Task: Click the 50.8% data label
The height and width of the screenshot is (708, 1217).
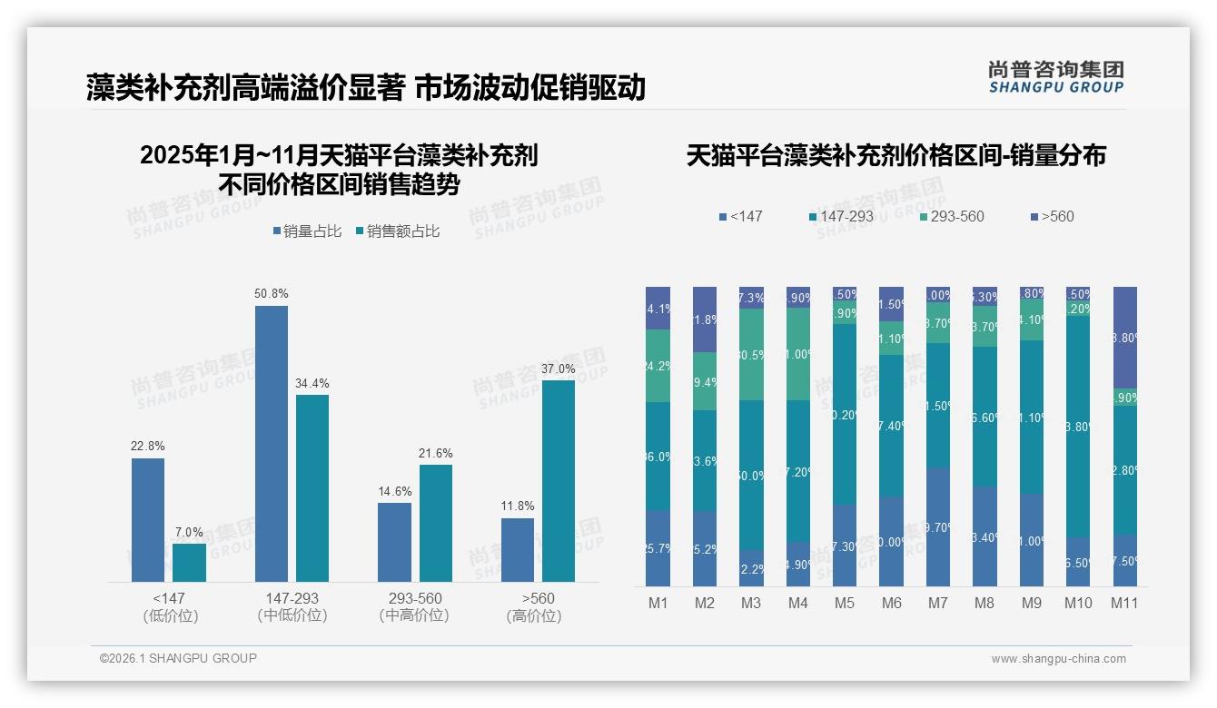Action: point(272,294)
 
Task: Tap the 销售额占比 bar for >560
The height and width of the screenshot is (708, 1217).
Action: point(559,480)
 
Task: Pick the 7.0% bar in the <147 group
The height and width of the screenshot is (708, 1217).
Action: point(189,562)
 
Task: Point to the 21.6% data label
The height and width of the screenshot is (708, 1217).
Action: point(435,453)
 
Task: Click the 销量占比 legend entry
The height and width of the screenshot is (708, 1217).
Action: point(307,231)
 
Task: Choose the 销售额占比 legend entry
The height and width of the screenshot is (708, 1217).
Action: point(398,231)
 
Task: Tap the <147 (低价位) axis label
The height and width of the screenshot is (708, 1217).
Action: point(170,607)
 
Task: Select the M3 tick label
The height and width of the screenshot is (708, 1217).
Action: point(751,603)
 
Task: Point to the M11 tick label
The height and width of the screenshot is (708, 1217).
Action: point(1124,603)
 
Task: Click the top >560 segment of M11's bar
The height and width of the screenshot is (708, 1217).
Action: point(1124,337)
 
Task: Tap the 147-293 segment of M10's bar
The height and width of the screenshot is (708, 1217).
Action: point(1078,426)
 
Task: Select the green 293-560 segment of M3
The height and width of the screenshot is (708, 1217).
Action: point(751,354)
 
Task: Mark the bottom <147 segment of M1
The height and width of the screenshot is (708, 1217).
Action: point(658,547)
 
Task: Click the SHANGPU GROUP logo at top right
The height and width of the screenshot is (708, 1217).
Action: point(1055,77)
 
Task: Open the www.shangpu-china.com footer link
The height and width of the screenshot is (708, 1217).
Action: point(1058,659)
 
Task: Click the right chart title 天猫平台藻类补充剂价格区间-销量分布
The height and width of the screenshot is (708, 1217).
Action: point(895,156)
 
